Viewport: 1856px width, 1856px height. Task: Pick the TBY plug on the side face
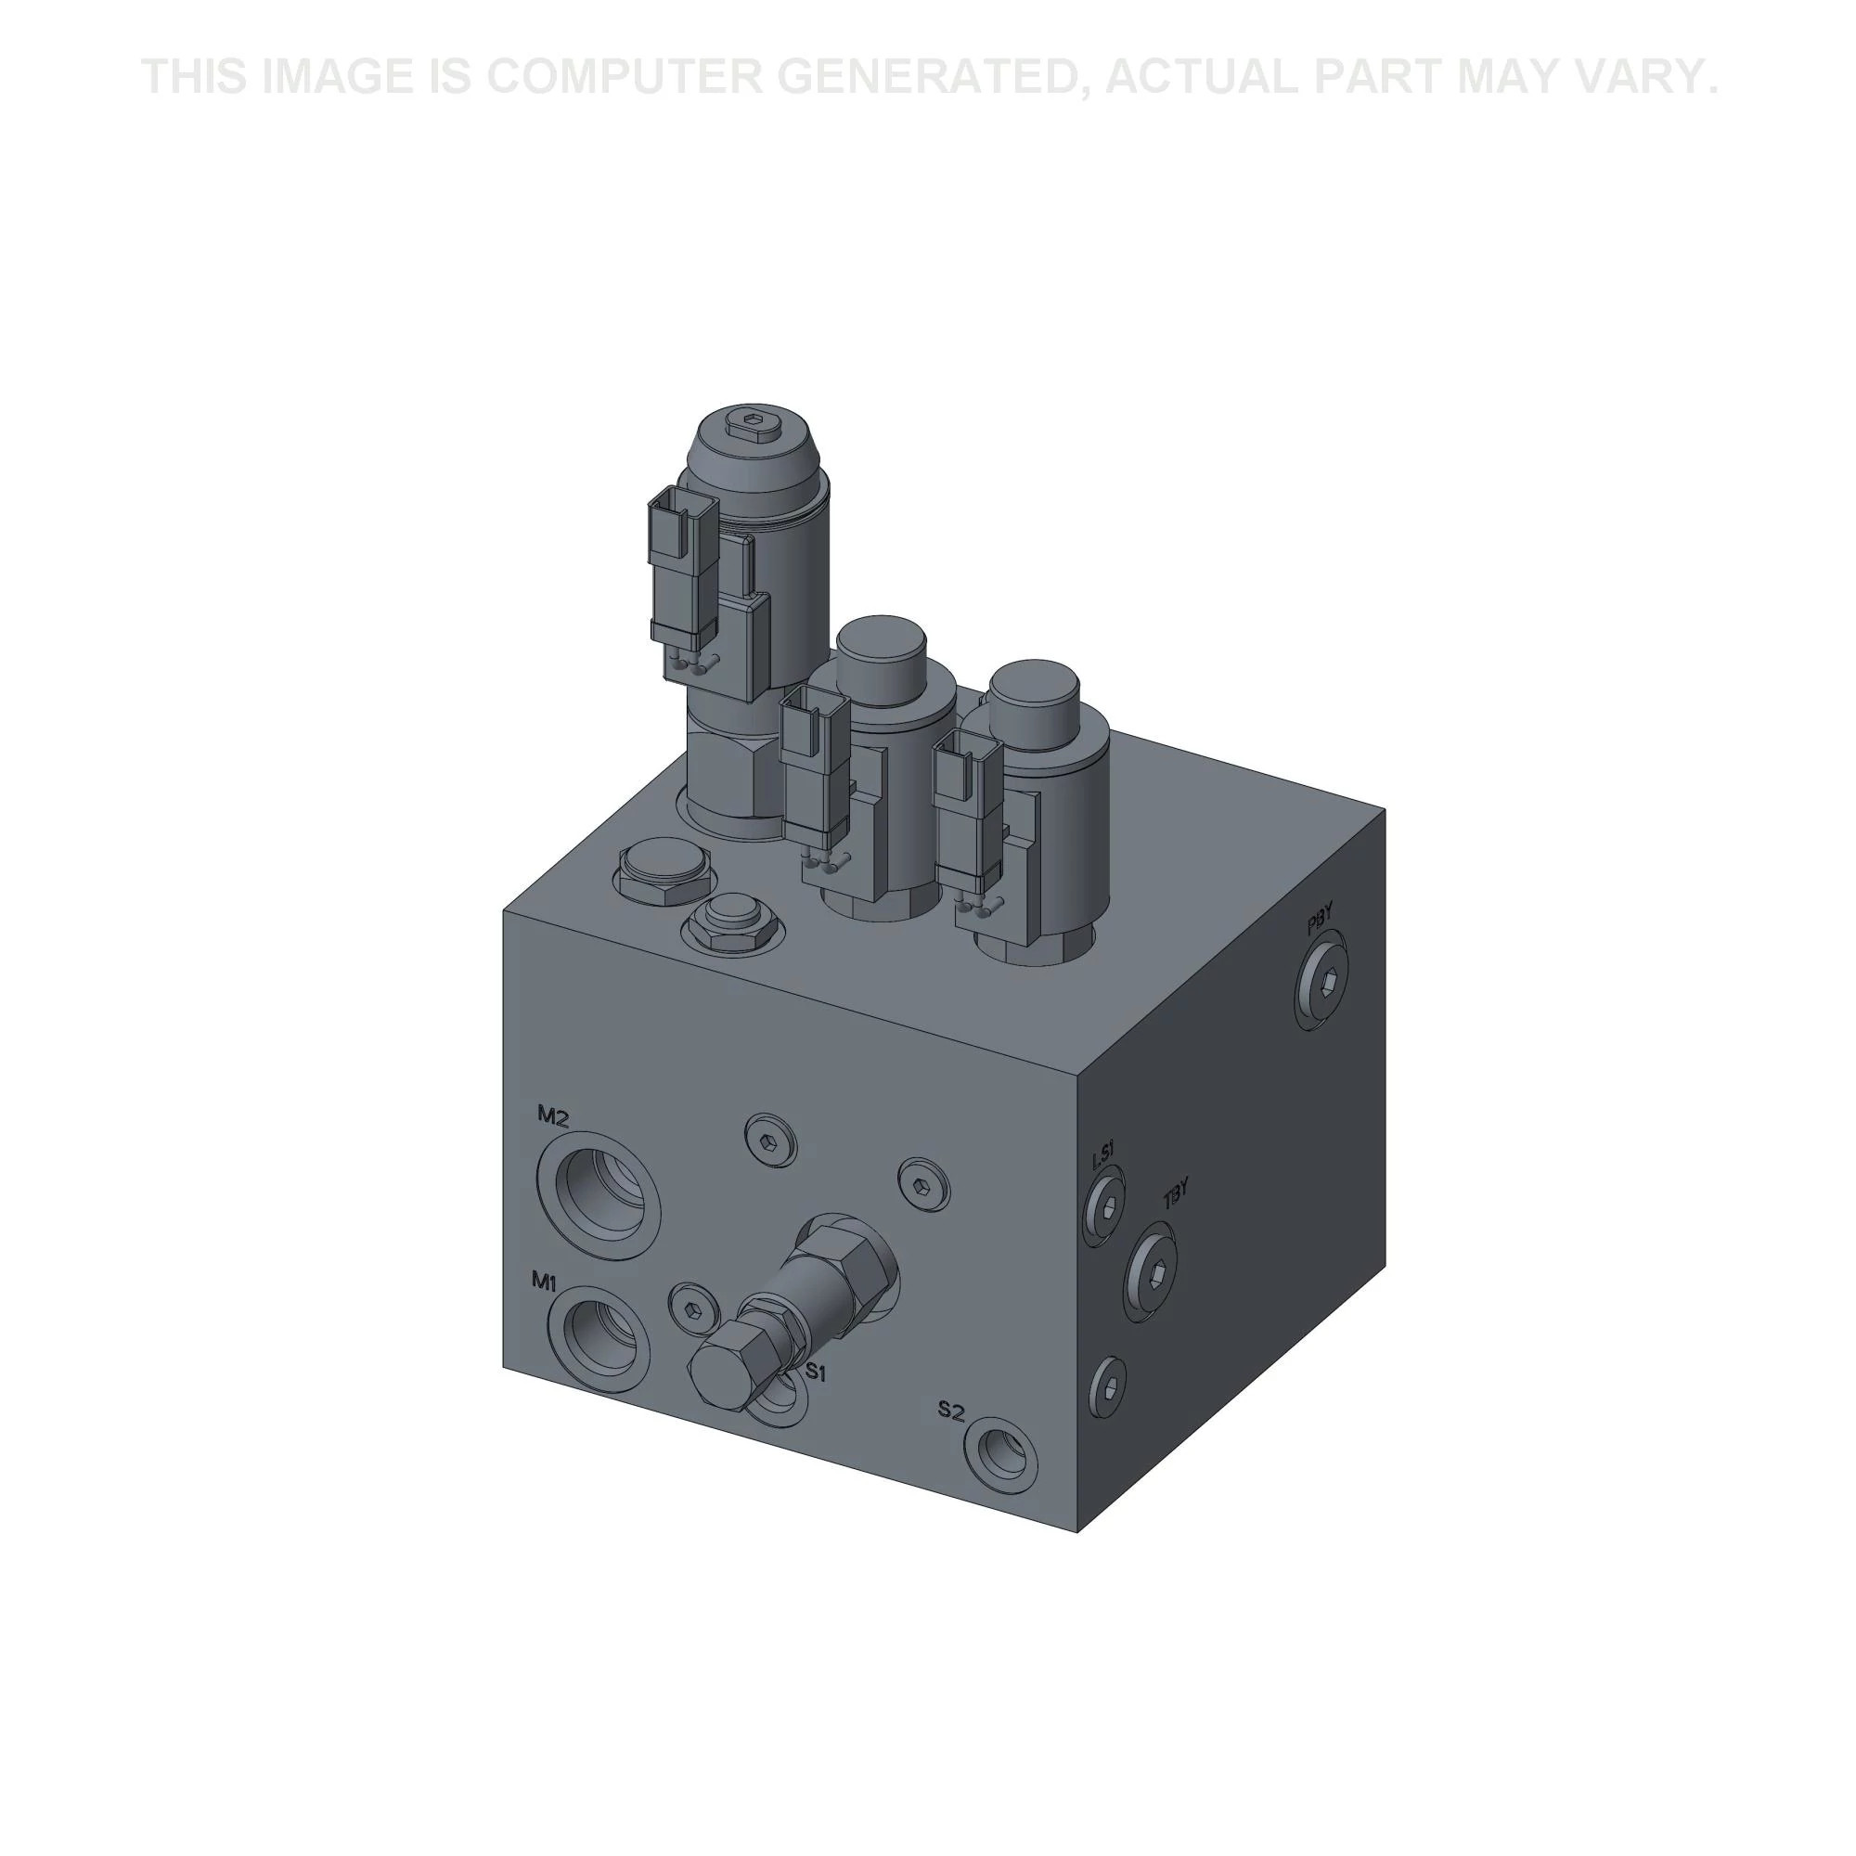tap(1154, 1271)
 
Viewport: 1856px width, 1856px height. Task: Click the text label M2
tap(553, 1115)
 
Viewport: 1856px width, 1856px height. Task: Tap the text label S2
tap(950, 1411)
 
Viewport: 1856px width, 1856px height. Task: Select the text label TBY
tap(1176, 1196)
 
